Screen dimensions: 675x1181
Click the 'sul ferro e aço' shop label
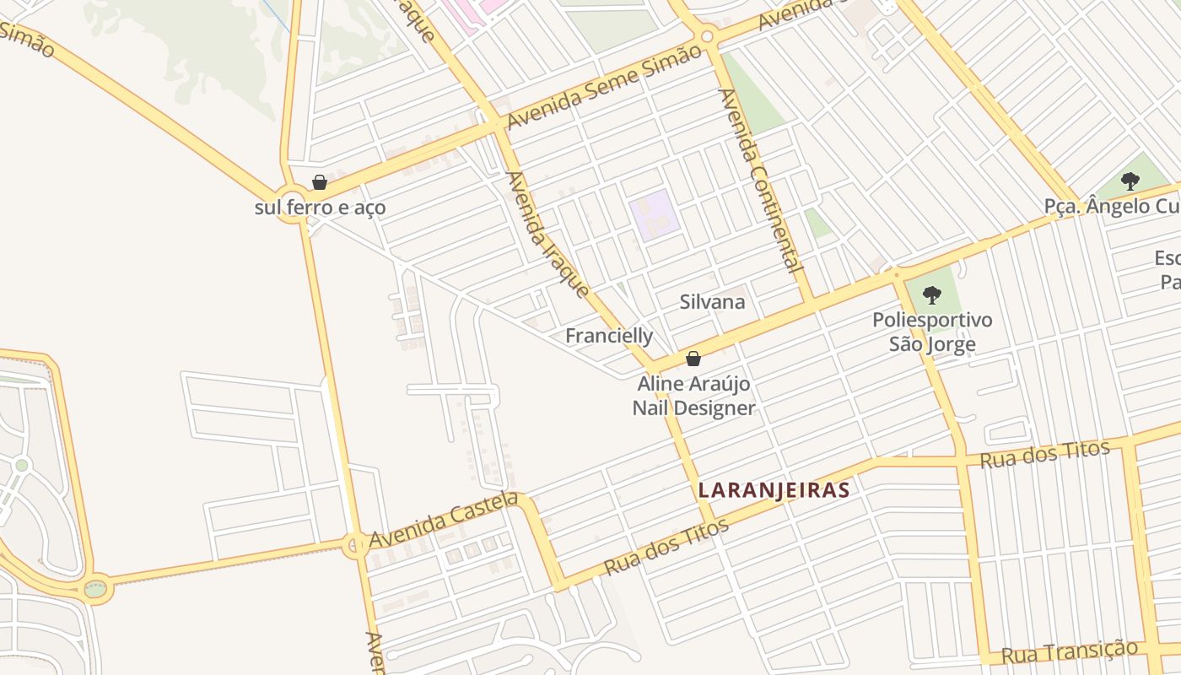(320, 207)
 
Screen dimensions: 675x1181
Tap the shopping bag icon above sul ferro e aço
(320, 182)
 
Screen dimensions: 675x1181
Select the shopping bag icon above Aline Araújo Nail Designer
(693, 359)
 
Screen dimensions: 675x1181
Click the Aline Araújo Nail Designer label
(693, 396)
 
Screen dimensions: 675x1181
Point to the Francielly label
(609, 336)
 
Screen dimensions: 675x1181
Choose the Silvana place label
(713, 301)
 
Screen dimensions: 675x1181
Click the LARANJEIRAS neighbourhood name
(774, 490)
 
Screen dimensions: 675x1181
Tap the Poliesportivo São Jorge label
(932, 332)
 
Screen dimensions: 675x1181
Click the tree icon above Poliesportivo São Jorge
(932, 294)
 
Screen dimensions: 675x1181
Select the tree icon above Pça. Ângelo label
(1130, 181)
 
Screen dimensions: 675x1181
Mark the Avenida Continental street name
(758, 180)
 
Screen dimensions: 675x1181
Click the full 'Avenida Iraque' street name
(547, 235)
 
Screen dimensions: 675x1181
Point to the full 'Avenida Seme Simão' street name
(604, 86)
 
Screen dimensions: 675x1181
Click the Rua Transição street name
(1069, 652)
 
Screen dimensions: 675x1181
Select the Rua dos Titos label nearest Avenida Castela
(666, 548)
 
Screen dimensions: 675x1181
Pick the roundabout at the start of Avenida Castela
(355, 544)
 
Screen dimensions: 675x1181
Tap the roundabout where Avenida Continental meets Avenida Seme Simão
(707, 35)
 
